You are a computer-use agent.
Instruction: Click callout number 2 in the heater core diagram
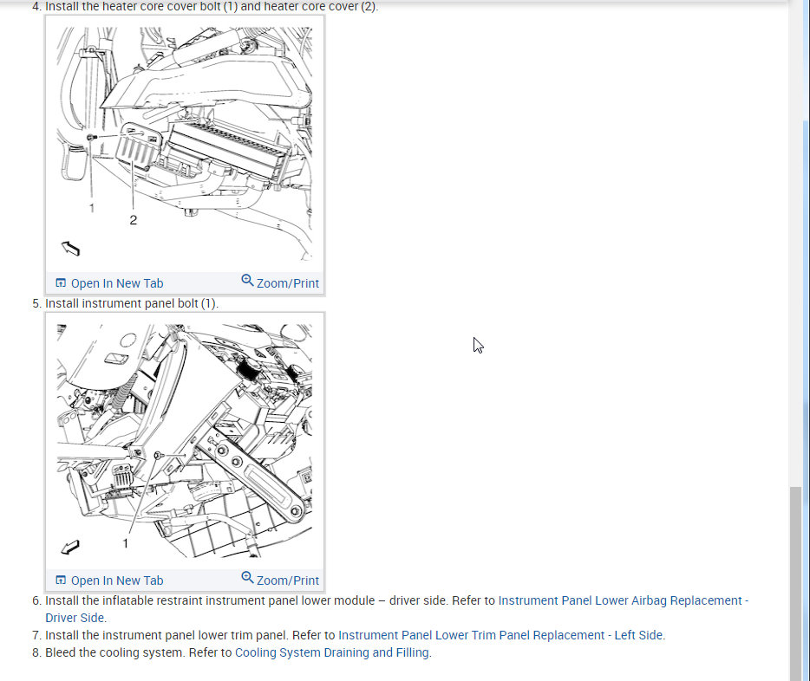point(134,220)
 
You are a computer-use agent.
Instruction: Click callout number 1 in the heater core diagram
point(92,208)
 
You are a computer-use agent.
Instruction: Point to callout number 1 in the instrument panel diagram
point(125,543)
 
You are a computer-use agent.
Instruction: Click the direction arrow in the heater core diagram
point(71,248)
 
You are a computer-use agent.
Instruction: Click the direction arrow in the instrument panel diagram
point(70,547)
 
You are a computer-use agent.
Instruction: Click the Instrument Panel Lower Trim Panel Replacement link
point(500,635)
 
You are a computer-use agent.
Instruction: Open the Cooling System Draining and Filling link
point(331,652)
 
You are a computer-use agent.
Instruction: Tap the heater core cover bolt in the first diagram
point(91,137)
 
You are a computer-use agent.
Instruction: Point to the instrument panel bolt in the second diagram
point(159,455)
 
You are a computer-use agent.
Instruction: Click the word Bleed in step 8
point(61,652)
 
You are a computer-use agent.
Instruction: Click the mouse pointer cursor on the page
point(478,345)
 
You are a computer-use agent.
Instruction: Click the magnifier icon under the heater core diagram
point(247,280)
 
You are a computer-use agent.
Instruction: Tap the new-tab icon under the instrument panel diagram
point(61,580)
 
